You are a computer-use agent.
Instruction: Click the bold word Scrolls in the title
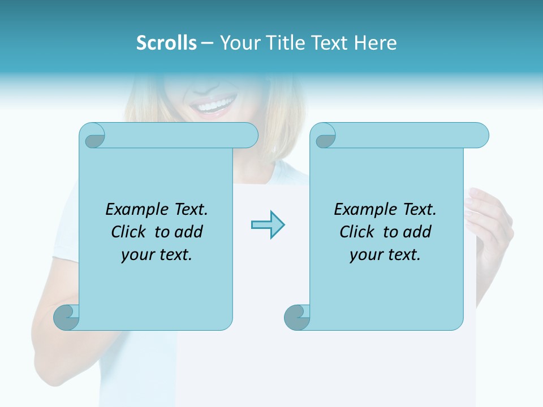pos(166,43)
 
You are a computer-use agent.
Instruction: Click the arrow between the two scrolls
pos(268,225)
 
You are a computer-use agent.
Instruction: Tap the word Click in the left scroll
pos(130,232)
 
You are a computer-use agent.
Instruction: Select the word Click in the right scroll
pos(359,232)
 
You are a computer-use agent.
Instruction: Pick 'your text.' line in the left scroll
pos(156,255)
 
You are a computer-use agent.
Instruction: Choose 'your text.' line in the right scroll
pos(385,255)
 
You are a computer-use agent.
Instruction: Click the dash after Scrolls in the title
pos(207,43)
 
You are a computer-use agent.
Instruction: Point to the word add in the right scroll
pos(417,232)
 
